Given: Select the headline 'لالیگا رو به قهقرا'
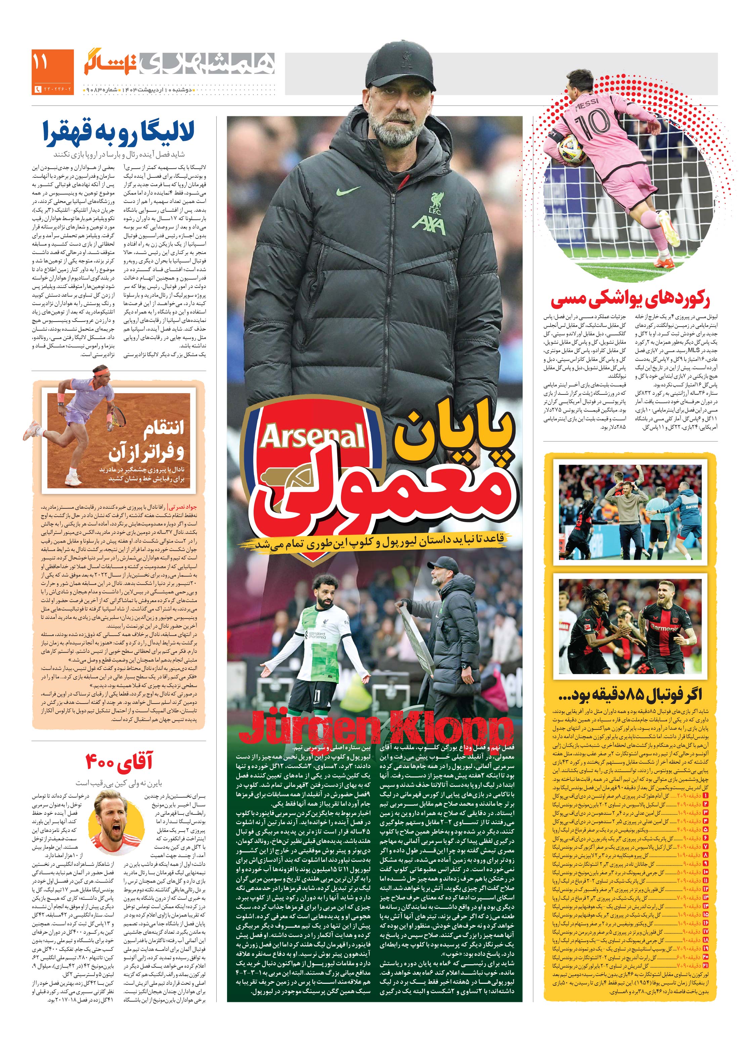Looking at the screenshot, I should pyautogui.click(x=119, y=132).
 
